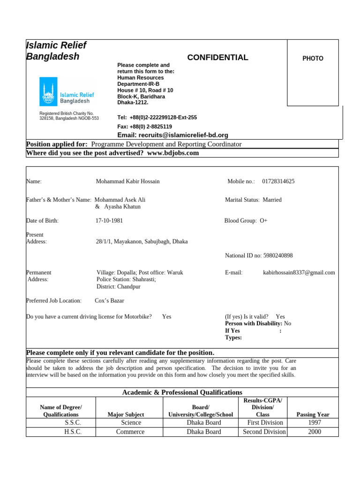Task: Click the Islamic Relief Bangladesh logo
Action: tap(67, 91)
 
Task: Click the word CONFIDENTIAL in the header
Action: tap(217, 58)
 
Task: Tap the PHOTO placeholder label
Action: tap(313, 59)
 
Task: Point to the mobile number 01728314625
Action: tap(278, 181)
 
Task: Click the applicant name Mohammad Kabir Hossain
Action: tap(127, 181)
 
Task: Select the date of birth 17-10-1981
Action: tap(109, 220)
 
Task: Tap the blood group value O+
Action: tap(263, 220)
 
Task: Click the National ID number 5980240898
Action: tap(278, 255)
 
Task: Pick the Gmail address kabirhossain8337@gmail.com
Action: tap(299, 272)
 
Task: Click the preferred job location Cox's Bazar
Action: tap(109, 300)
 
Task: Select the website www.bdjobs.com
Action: tap(173, 153)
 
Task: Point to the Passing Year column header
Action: tap(313, 414)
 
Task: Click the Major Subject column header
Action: tap(126, 414)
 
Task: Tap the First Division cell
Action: tap(265, 423)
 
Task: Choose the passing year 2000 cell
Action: tap(314, 432)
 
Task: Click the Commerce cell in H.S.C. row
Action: tap(130, 432)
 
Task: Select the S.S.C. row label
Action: tap(73, 423)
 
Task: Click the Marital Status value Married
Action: tap(272, 200)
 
